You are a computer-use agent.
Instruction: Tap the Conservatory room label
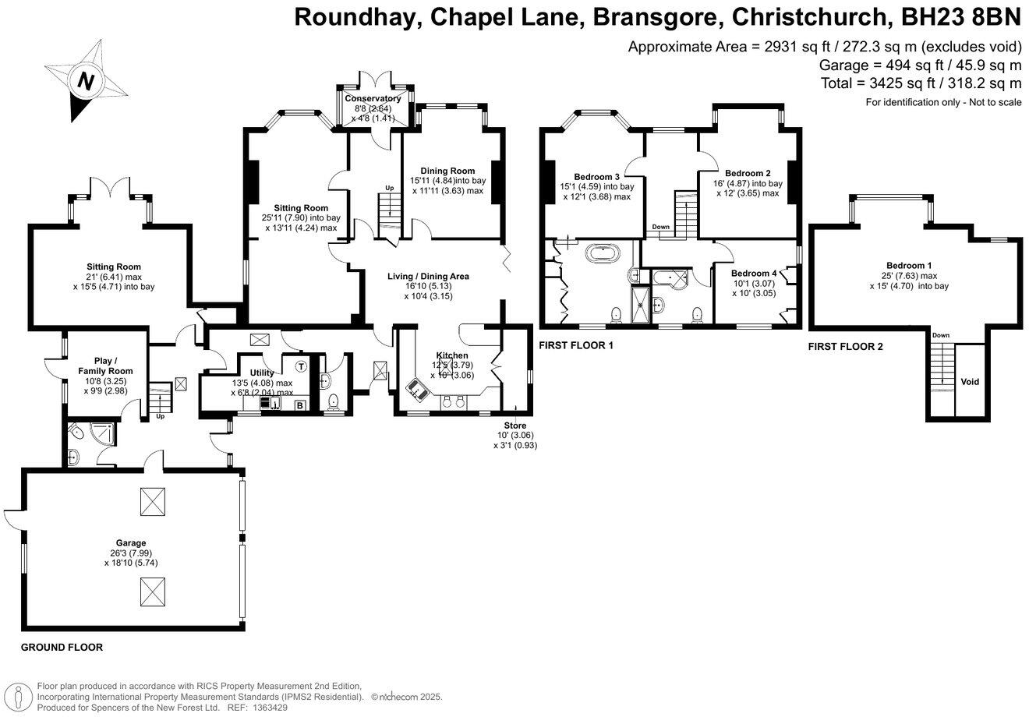(x=373, y=98)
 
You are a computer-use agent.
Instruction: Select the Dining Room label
(x=447, y=171)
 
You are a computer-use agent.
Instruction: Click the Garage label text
(x=128, y=542)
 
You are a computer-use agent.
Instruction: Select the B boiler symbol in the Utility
(x=299, y=404)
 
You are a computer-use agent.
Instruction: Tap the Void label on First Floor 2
(x=970, y=382)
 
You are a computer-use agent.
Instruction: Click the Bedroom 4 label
(x=753, y=274)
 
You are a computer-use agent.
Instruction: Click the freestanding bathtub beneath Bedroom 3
(x=601, y=253)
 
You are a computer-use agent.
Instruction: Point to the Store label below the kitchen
(x=515, y=425)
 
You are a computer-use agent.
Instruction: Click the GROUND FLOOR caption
(x=62, y=648)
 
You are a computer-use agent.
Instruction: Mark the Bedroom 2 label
(x=748, y=173)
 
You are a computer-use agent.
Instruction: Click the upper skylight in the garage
(x=150, y=501)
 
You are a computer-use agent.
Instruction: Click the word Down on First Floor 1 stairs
(x=660, y=227)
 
